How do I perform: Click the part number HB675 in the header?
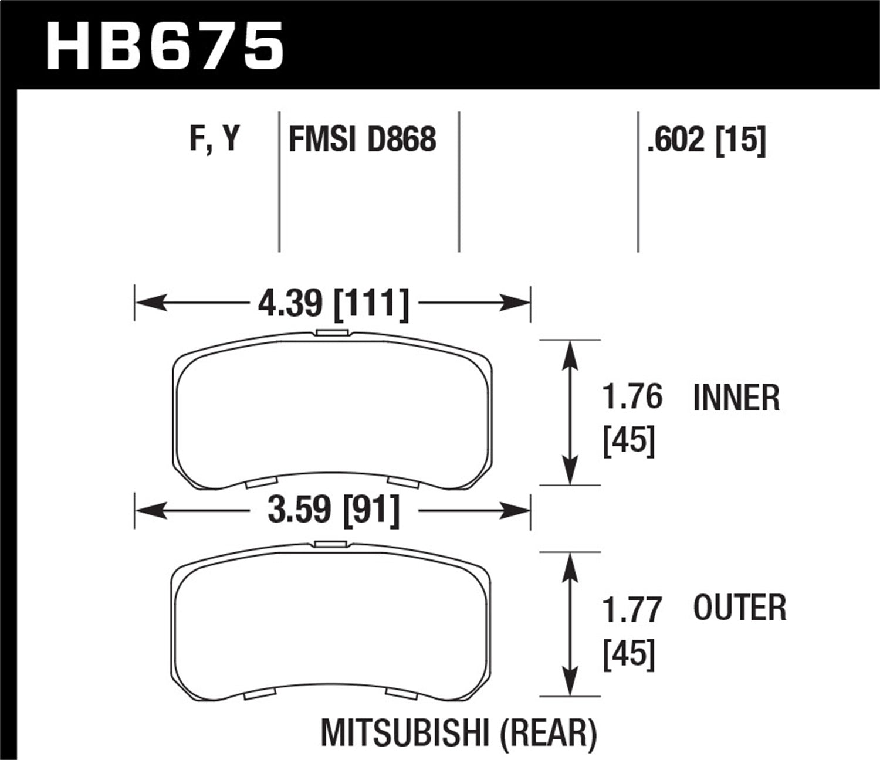point(165,45)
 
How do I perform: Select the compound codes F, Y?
point(214,140)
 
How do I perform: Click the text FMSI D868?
point(362,140)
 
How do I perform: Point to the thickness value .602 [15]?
point(706,141)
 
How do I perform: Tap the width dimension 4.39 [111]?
point(333,304)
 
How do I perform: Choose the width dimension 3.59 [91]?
point(333,510)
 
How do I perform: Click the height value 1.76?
point(632,397)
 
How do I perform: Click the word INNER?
point(736,398)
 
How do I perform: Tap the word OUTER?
point(739,608)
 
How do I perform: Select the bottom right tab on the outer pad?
point(402,694)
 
